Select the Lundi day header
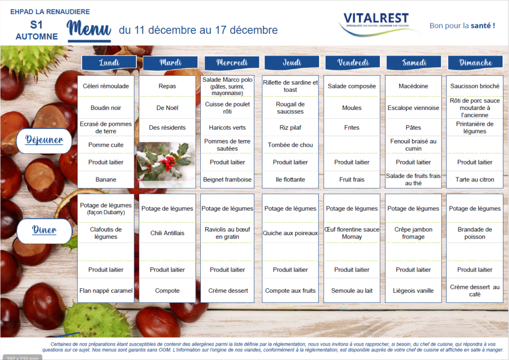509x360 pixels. pos(109,62)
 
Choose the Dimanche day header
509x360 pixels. pos(475,62)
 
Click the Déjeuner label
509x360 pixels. pos(44,141)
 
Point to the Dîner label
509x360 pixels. pos(44,231)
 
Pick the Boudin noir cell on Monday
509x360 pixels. pos(106,108)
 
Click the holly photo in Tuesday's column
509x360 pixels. pos(166,162)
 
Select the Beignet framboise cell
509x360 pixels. pos(227,180)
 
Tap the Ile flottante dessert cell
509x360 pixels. pos(290,180)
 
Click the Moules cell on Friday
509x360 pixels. pos(352,108)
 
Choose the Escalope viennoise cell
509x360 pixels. pos(413,108)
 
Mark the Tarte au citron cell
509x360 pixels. pos(475,180)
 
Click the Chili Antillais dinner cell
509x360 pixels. pos(167,233)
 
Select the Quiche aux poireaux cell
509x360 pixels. pos(290,233)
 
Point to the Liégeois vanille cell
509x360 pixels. pos(413,290)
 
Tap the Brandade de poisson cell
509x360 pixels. pos(475,233)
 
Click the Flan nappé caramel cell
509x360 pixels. pos(106,290)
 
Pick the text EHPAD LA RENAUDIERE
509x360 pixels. pos(50,12)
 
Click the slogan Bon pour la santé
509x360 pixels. pos(462,26)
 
